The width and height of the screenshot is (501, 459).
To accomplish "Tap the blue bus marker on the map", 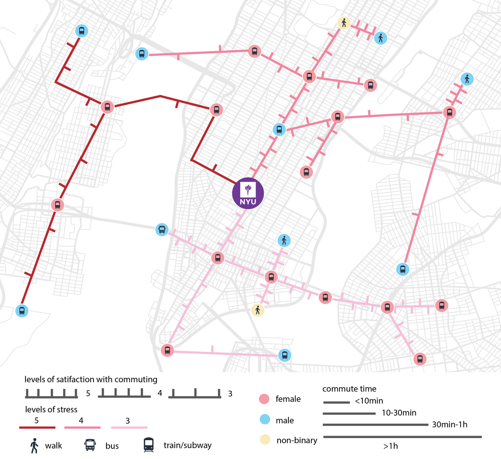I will (x=162, y=230).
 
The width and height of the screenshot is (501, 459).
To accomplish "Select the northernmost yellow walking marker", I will (x=344, y=23).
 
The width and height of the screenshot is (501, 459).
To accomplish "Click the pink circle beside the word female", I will (x=264, y=399).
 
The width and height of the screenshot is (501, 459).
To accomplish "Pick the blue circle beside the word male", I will (x=265, y=420).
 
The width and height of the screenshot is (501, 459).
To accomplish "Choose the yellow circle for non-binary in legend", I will (x=265, y=439).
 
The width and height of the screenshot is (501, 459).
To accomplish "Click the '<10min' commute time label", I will (x=369, y=401).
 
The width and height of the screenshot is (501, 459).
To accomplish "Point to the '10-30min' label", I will (x=399, y=413).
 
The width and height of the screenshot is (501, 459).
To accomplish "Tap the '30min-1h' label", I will (x=450, y=424).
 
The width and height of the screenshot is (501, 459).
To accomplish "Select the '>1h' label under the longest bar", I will (x=390, y=446).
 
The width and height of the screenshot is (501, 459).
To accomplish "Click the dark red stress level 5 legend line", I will (x=37, y=427).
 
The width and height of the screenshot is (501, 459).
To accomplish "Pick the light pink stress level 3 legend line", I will (x=129, y=427).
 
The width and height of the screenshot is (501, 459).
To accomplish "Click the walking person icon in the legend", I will (x=35, y=446).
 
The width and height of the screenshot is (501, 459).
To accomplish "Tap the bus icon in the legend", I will (x=90, y=445).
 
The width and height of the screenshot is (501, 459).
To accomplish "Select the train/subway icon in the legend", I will (x=149, y=445).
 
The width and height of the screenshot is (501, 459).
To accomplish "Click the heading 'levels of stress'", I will (x=51, y=409).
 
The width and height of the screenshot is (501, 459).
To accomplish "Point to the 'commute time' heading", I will (x=349, y=389).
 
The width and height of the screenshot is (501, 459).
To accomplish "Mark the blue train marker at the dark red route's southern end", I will (x=22, y=311).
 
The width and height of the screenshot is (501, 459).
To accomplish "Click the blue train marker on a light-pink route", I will (x=285, y=355).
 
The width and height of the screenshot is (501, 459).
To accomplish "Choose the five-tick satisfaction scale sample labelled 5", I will (x=52, y=393).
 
